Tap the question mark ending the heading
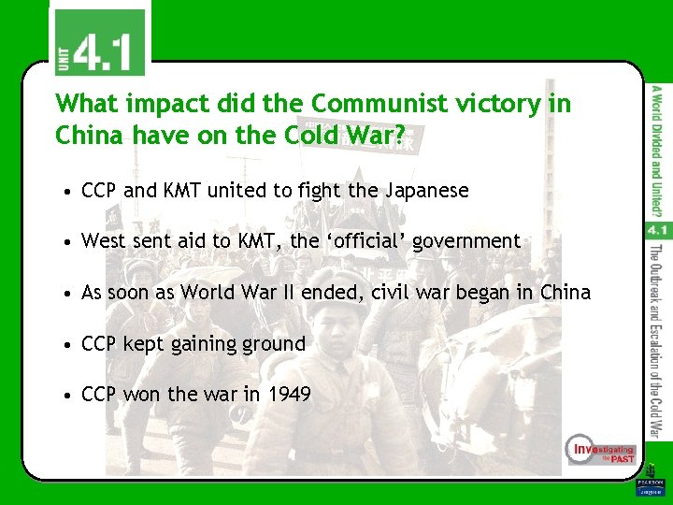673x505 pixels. [x=400, y=137]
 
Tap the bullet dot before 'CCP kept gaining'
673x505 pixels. [x=68, y=344]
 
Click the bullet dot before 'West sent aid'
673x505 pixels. [x=68, y=241]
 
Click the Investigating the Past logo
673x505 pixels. [x=601, y=452]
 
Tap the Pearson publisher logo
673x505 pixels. [x=649, y=483]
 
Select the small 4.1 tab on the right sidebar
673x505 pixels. [x=655, y=228]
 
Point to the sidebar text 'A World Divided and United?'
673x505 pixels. [x=656, y=146]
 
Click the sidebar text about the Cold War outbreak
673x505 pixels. [x=656, y=341]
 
